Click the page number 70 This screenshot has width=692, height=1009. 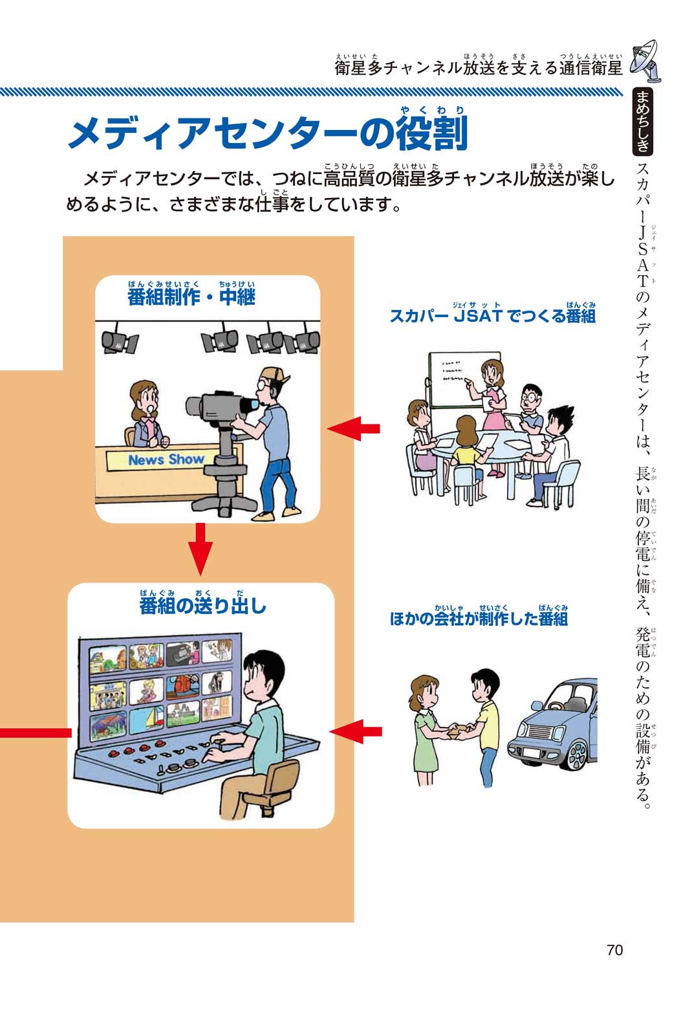point(614,949)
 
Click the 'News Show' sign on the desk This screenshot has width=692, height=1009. point(166,460)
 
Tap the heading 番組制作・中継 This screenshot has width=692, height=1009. point(191,297)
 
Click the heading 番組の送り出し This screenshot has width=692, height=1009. point(202,606)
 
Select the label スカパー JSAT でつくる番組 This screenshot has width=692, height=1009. point(492,316)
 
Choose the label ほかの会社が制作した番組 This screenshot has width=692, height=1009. point(479,619)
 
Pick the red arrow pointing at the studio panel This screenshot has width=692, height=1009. point(354,428)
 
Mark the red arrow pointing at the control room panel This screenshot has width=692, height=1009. point(355,731)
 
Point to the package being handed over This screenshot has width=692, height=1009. point(457,729)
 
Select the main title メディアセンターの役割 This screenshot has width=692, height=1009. point(268,135)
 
